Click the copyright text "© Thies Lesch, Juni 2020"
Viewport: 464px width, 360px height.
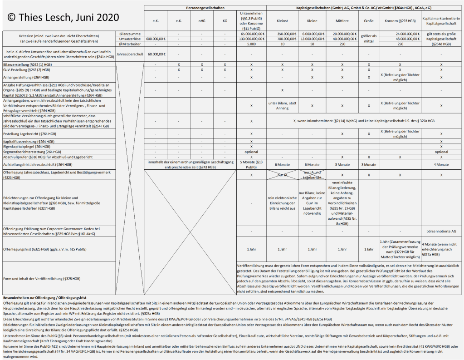[63, 18]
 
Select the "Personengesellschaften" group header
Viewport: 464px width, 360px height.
[205, 9]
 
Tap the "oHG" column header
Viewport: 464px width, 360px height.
[201, 21]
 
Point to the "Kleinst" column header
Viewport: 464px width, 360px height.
[282, 21]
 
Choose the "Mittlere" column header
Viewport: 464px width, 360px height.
[342, 21]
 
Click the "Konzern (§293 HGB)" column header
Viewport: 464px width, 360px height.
[400, 21]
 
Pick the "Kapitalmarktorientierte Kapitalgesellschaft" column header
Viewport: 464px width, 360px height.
[441, 21]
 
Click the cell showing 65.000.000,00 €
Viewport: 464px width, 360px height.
[251, 34]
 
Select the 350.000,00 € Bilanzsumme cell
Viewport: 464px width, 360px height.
[282, 34]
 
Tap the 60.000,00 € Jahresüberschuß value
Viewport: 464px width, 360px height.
[156, 54]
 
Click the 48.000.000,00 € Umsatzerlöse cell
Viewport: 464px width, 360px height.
[400, 39]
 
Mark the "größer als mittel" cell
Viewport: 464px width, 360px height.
[369, 39]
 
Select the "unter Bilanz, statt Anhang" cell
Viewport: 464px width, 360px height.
[282, 106]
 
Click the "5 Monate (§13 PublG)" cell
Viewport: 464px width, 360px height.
[251, 164]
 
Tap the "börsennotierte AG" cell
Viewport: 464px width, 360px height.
[441, 231]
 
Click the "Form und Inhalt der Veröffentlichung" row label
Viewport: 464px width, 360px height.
[42, 278]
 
